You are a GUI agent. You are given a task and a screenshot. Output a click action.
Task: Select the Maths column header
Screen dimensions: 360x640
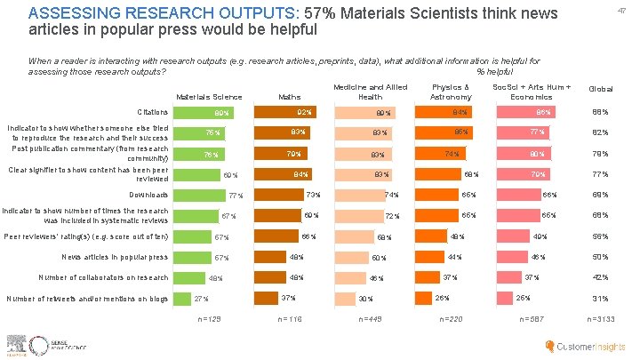290,96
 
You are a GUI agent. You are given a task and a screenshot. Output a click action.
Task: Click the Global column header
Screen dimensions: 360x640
601,90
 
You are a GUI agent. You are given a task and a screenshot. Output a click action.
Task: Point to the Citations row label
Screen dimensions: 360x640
153,113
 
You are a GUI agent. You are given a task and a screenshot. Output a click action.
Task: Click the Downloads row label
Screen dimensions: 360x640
149,194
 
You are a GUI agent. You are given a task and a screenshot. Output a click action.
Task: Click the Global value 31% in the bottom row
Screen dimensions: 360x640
601,298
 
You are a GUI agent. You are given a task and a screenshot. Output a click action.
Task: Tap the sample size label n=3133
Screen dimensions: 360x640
601,318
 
